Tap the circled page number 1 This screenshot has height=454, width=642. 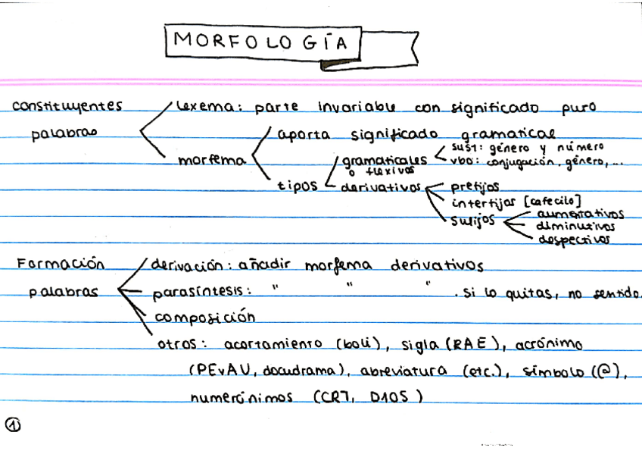click(x=13, y=425)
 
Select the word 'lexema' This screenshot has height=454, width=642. click(x=198, y=107)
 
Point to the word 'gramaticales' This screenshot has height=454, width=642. click(x=383, y=161)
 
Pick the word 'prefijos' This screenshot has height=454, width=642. click(x=475, y=185)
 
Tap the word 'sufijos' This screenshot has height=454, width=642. click(x=474, y=220)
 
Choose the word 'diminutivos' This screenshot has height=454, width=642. click(x=575, y=227)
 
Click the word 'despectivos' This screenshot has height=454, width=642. click(x=574, y=240)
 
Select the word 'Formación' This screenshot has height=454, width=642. click(x=61, y=265)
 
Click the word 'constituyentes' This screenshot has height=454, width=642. click(x=67, y=106)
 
